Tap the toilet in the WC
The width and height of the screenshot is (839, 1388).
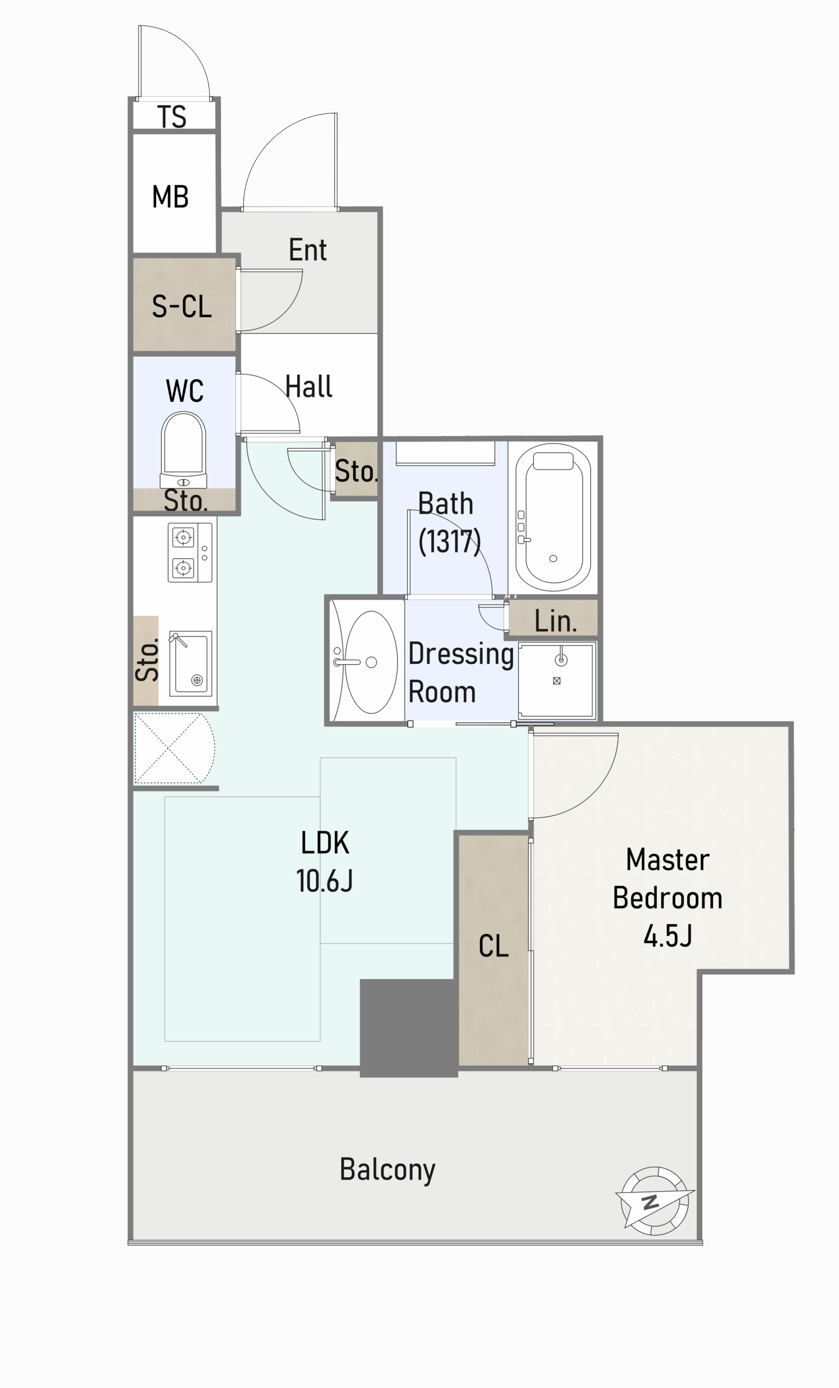pos(183,450)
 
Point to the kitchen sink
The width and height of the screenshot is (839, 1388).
pos(190,664)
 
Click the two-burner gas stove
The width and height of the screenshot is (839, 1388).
pos(190,552)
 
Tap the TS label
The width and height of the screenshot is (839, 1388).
pos(172,117)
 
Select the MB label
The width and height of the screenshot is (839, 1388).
pos(170,197)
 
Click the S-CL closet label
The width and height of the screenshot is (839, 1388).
pos(182,306)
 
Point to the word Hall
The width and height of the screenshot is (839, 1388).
pos(309,387)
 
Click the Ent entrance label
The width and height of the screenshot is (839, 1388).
pos(308,249)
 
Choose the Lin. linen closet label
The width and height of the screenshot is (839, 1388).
pos(555,621)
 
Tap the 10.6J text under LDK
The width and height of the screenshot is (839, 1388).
pos(324,881)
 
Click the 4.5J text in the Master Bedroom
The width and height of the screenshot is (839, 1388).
pos(668,936)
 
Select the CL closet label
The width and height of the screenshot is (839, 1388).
pos(494,945)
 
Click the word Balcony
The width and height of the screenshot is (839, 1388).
pos(387,1170)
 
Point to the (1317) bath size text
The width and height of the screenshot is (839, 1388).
pos(450,541)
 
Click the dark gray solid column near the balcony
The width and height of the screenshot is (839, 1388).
pos(409,1028)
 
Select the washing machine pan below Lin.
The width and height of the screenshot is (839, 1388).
pos(556,680)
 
